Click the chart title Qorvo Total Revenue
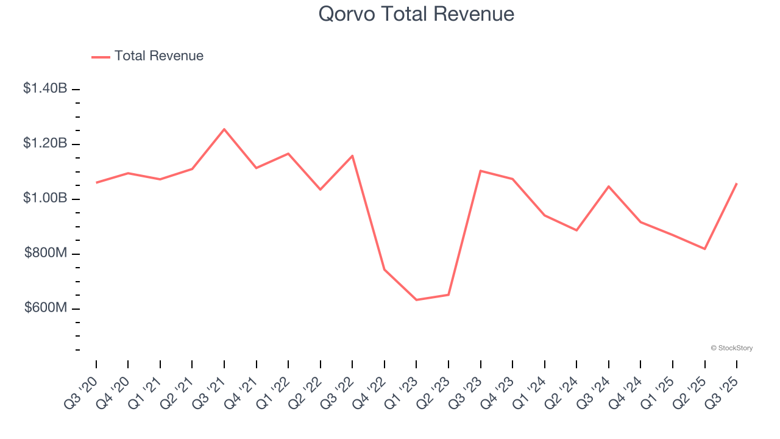click(416, 14)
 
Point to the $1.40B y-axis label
click(45, 88)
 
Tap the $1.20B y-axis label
click(45, 143)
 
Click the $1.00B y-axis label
click(45, 198)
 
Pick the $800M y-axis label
click(46, 253)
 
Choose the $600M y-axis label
click(46, 308)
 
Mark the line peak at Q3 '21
click(224, 129)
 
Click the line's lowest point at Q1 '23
click(416, 300)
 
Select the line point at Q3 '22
click(352, 155)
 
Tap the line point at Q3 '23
click(480, 171)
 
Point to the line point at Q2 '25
click(704, 249)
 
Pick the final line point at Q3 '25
click(737, 183)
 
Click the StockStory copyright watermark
click(731, 348)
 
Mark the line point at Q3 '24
click(608, 186)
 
